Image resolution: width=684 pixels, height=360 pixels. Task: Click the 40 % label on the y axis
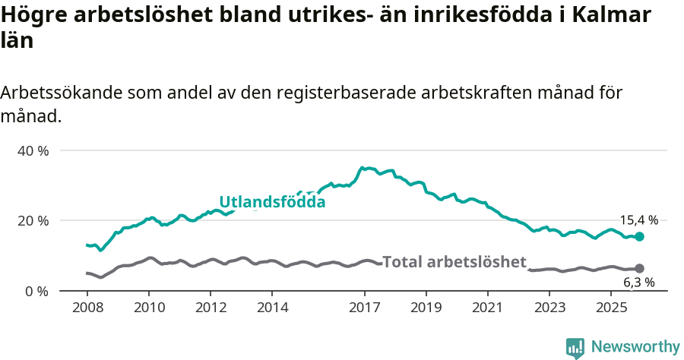(x=33, y=150)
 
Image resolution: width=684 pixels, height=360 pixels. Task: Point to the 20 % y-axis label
(x=33, y=220)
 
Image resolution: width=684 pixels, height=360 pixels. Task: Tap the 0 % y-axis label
(x=36, y=291)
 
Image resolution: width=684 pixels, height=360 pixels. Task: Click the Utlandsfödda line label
(x=272, y=202)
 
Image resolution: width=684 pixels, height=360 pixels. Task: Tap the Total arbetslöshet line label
(x=454, y=262)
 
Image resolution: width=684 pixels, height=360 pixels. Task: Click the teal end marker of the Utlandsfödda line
(x=639, y=237)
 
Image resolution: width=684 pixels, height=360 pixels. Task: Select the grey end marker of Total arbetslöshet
(x=639, y=269)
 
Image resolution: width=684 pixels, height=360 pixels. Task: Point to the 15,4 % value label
(x=638, y=220)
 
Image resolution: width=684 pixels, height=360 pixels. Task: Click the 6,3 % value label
(x=638, y=283)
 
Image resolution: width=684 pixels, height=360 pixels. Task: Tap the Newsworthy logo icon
(x=575, y=347)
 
